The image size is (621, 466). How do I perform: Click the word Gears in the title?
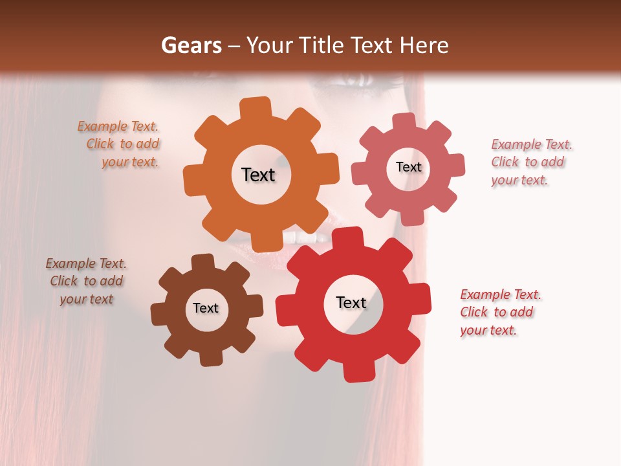click(x=191, y=45)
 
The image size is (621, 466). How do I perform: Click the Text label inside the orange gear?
click(x=258, y=175)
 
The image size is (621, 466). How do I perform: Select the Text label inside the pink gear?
click(x=408, y=167)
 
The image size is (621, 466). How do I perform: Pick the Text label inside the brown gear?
click(x=206, y=308)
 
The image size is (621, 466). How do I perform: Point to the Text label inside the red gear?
click(x=351, y=302)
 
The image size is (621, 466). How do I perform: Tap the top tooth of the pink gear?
click(x=404, y=121)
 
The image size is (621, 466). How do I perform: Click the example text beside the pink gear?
click(x=531, y=162)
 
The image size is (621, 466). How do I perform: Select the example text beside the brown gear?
click(x=87, y=281)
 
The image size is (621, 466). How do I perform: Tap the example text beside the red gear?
click(x=500, y=312)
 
